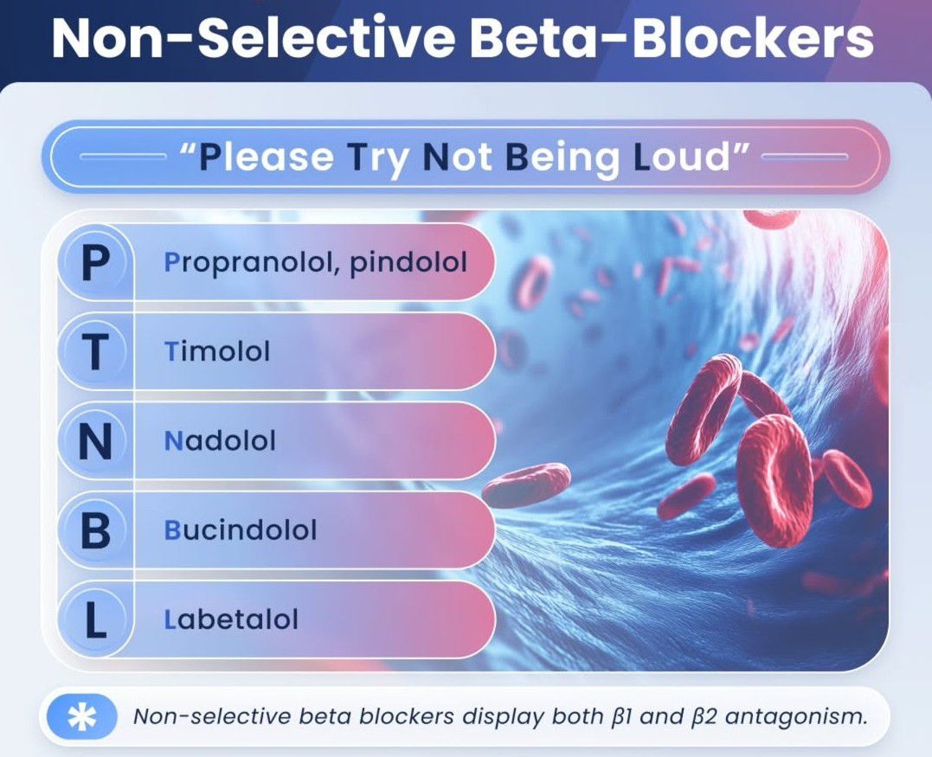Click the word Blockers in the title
(753, 38)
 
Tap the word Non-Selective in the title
(254, 38)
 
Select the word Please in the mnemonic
(266, 157)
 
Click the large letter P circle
(95, 262)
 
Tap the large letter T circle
(95, 351)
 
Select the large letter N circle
(95, 440)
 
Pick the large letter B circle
(95, 529)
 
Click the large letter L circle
(95, 619)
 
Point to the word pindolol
(408, 263)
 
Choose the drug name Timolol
(217, 351)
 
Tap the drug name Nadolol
(220, 441)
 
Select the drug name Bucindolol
(240, 530)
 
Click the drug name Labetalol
(231, 619)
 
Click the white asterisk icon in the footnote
(81, 717)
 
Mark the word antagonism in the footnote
(795, 717)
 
